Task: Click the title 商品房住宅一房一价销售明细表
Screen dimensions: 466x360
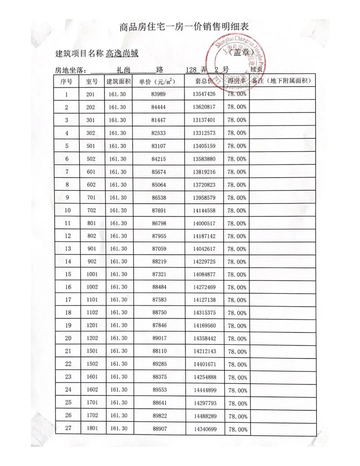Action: pos(184,27)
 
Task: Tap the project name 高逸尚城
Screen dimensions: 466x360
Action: pos(122,53)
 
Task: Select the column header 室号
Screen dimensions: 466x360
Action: pos(92,81)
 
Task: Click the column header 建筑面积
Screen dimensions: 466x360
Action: pos(119,81)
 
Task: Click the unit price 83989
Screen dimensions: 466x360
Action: pos(158,94)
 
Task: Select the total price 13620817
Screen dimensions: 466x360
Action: pos(204,107)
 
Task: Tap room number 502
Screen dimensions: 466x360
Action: pos(91,159)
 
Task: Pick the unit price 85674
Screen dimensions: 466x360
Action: pos(159,172)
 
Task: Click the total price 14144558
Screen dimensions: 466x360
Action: pos(204,210)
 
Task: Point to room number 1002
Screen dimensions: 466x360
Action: pos(92,287)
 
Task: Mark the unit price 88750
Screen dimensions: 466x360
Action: pos(159,313)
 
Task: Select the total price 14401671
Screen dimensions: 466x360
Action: pos(205,364)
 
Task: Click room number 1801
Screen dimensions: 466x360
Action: pos(92,428)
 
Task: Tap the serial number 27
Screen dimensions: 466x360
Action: pos(68,428)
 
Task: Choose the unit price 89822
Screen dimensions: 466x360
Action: pos(160,416)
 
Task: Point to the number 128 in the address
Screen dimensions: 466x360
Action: pos(191,70)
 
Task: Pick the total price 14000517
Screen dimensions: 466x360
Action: pos(204,223)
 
